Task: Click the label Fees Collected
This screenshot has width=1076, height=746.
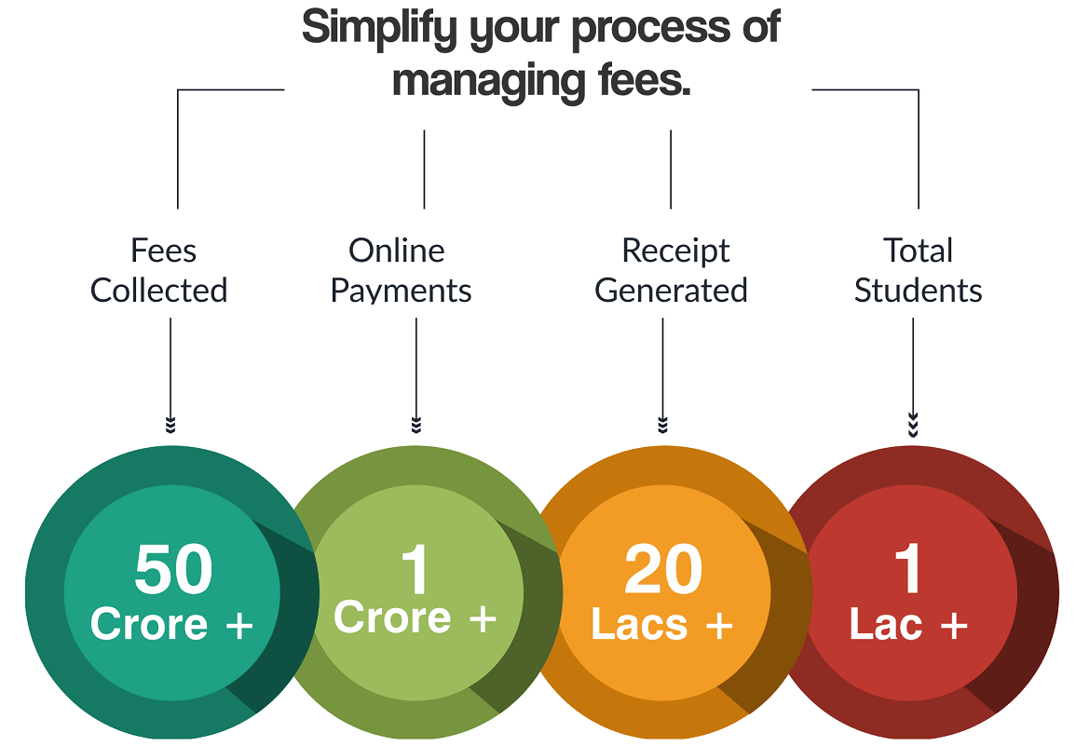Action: (159, 270)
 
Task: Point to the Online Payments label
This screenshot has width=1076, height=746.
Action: (402, 270)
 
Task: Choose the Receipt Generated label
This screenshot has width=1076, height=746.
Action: (672, 270)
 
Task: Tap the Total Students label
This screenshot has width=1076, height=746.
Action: (919, 270)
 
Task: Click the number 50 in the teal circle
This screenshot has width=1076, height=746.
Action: (173, 569)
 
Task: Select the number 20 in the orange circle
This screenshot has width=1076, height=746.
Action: (663, 569)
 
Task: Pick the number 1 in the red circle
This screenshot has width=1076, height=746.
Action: (908, 569)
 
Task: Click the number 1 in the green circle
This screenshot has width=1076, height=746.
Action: (415, 569)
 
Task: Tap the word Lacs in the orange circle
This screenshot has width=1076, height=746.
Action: (638, 625)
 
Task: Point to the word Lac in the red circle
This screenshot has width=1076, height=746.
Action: (886, 625)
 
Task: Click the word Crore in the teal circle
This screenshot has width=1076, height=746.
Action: (148, 623)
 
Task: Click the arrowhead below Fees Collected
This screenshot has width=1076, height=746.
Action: (170, 425)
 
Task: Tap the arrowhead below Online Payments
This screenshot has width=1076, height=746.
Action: (416, 425)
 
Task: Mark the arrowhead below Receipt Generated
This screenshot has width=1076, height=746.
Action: (662, 425)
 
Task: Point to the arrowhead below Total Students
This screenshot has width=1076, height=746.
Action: (913, 425)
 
